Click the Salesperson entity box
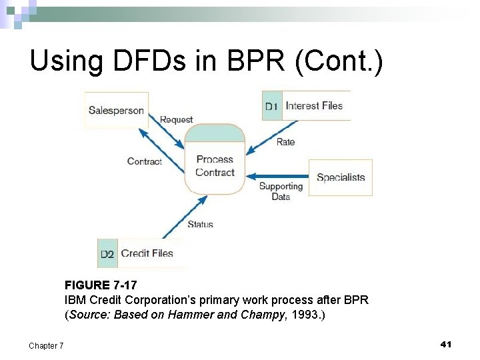pyautogui.click(x=116, y=110)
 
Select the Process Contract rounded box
pyautogui.click(x=215, y=160)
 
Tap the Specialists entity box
pyautogui.click(x=341, y=177)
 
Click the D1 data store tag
pyautogui.click(x=271, y=106)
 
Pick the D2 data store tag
pyautogui.click(x=107, y=254)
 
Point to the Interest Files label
pyautogui.click(x=314, y=105)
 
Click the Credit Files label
pyautogui.click(x=147, y=253)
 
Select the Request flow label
pyautogui.click(x=177, y=120)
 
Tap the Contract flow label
pyautogui.click(x=145, y=161)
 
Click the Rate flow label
pyautogui.click(x=285, y=142)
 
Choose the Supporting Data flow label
pyautogui.click(x=281, y=191)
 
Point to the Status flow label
pyautogui.click(x=200, y=225)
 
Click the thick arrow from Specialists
pyautogui.click(x=277, y=177)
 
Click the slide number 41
pyautogui.click(x=446, y=344)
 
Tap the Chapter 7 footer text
pyautogui.click(x=47, y=345)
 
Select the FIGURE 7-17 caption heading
pyautogui.click(x=101, y=285)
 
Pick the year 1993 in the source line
pyautogui.click(x=307, y=315)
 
